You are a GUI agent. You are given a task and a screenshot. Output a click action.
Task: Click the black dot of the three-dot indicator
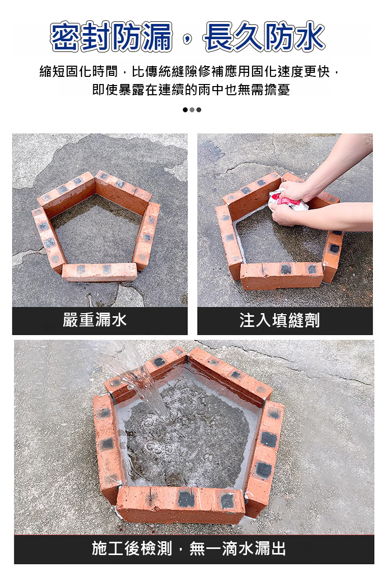(185, 109)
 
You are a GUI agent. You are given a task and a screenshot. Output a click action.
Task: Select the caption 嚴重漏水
(94, 320)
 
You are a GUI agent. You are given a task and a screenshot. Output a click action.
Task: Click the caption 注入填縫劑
(279, 320)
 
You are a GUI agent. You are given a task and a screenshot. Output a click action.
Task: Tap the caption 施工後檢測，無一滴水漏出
(189, 548)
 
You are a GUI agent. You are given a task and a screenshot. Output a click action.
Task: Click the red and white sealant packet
(285, 200)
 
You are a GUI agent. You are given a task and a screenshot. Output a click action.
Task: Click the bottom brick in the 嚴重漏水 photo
(99, 272)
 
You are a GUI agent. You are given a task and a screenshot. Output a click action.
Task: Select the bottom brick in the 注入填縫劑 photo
(282, 275)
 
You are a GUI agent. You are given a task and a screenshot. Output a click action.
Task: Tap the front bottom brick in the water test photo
(180, 504)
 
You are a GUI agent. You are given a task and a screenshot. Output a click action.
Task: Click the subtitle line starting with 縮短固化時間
(189, 71)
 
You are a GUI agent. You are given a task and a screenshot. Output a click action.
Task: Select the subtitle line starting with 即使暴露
(191, 89)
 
